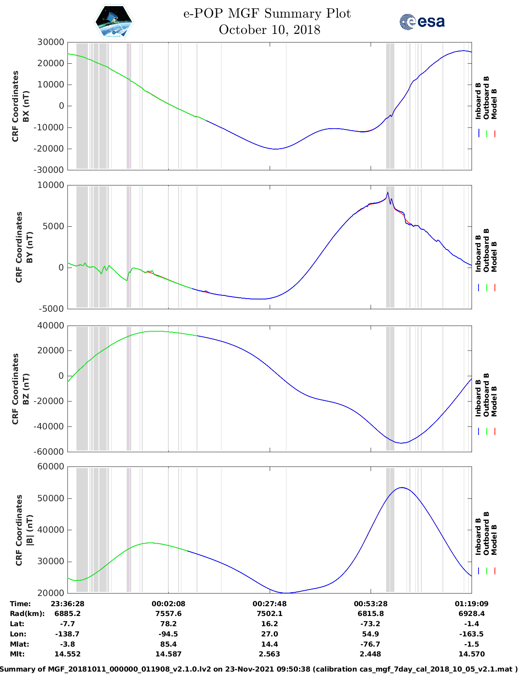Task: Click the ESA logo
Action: pyautogui.click(x=422, y=22)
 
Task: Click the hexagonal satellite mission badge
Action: pyautogui.click(x=114, y=22)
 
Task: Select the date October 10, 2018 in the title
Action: pyautogui.click(x=269, y=30)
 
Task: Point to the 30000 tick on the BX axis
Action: pyautogui.click(x=51, y=42)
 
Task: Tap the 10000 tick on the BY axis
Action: pyautogui.click(x=51, y=185)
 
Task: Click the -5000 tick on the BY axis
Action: pyautogui.click(x=51, y=309)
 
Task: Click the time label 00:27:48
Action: pyautogui.click(x=269, y=604)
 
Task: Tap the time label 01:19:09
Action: pyautogui.click(x=472, y=604)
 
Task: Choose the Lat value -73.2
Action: pyautogui.click(x=371, y=624)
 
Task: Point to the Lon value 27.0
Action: pyautogui.click(x=269, y=634)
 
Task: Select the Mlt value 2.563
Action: pyautogui.click(x=269, y=654)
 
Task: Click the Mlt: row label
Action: pyautogui.click(x=17, y=654)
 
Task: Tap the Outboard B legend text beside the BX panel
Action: pyautogui.click(x=486, y=98)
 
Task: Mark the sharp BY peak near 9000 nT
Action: pyautogui.click(x=388, y=193)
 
